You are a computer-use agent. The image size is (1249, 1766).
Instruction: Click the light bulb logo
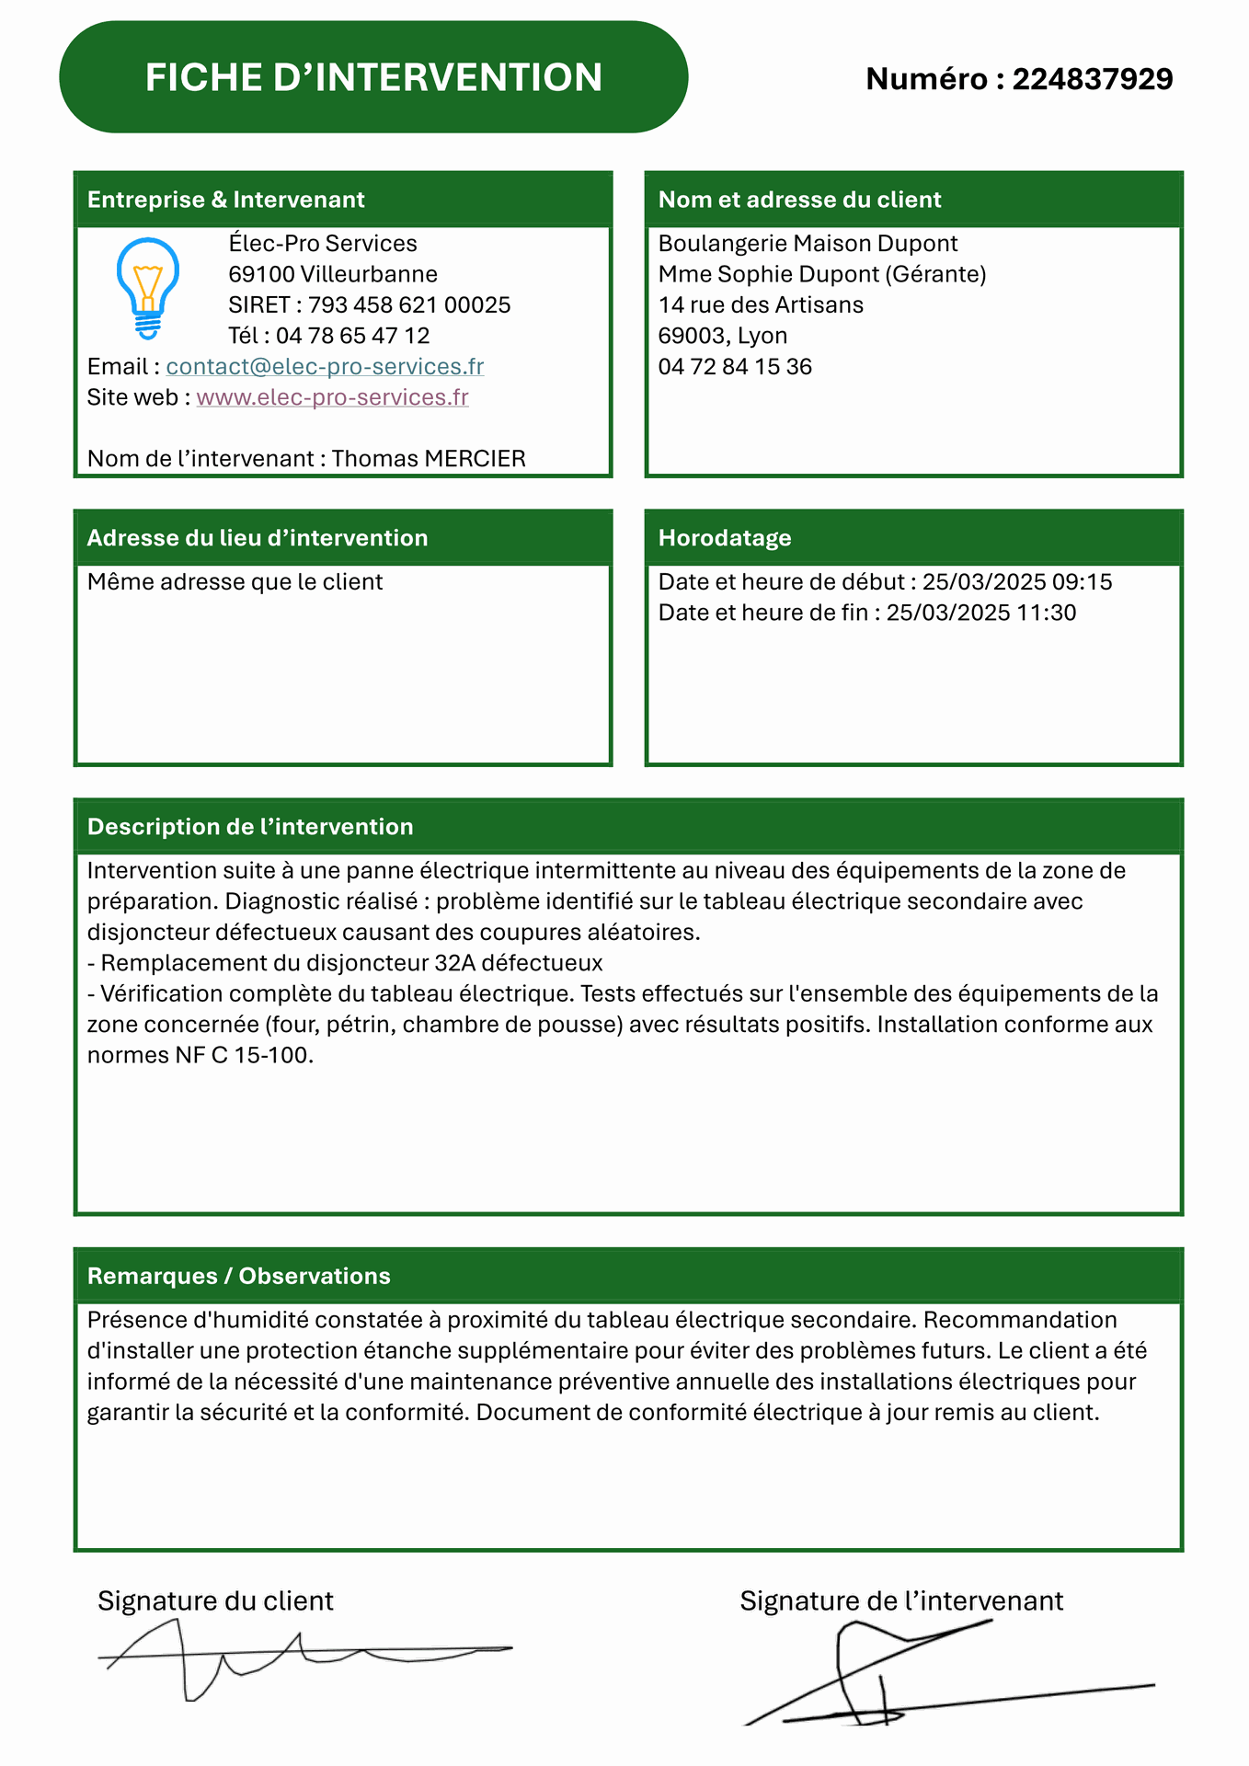tap(147, 288)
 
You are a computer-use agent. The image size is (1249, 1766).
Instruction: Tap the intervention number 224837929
tap(1092, 79)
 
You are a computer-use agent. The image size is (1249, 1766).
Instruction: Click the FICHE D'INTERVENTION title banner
tap(373, 77)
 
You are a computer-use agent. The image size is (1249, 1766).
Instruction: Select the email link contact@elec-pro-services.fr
tap(325, 367)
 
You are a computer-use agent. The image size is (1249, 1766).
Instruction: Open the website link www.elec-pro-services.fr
tap(332, 397)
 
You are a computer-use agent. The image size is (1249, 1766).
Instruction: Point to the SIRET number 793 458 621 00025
tap(408, 305)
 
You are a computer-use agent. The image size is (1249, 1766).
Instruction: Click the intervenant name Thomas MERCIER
tap(429, 459)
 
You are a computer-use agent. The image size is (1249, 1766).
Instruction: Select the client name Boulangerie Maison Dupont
tap(808, 244)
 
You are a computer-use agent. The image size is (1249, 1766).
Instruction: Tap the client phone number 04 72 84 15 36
tap(735, 367)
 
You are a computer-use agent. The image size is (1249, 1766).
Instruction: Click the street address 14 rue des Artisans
tap(761, 305)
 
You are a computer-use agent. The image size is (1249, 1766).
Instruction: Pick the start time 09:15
tap(1083, 582)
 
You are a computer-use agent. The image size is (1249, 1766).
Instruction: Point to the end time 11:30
tap(1046, 614)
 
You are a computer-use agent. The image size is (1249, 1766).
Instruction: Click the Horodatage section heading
tap(725, 538)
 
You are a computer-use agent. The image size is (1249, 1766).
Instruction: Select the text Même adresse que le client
tap(235, 582)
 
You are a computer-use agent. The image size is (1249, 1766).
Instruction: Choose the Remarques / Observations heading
tap(239, 1277)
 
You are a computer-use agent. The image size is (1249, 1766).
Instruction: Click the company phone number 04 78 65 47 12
tap(352, 336)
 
